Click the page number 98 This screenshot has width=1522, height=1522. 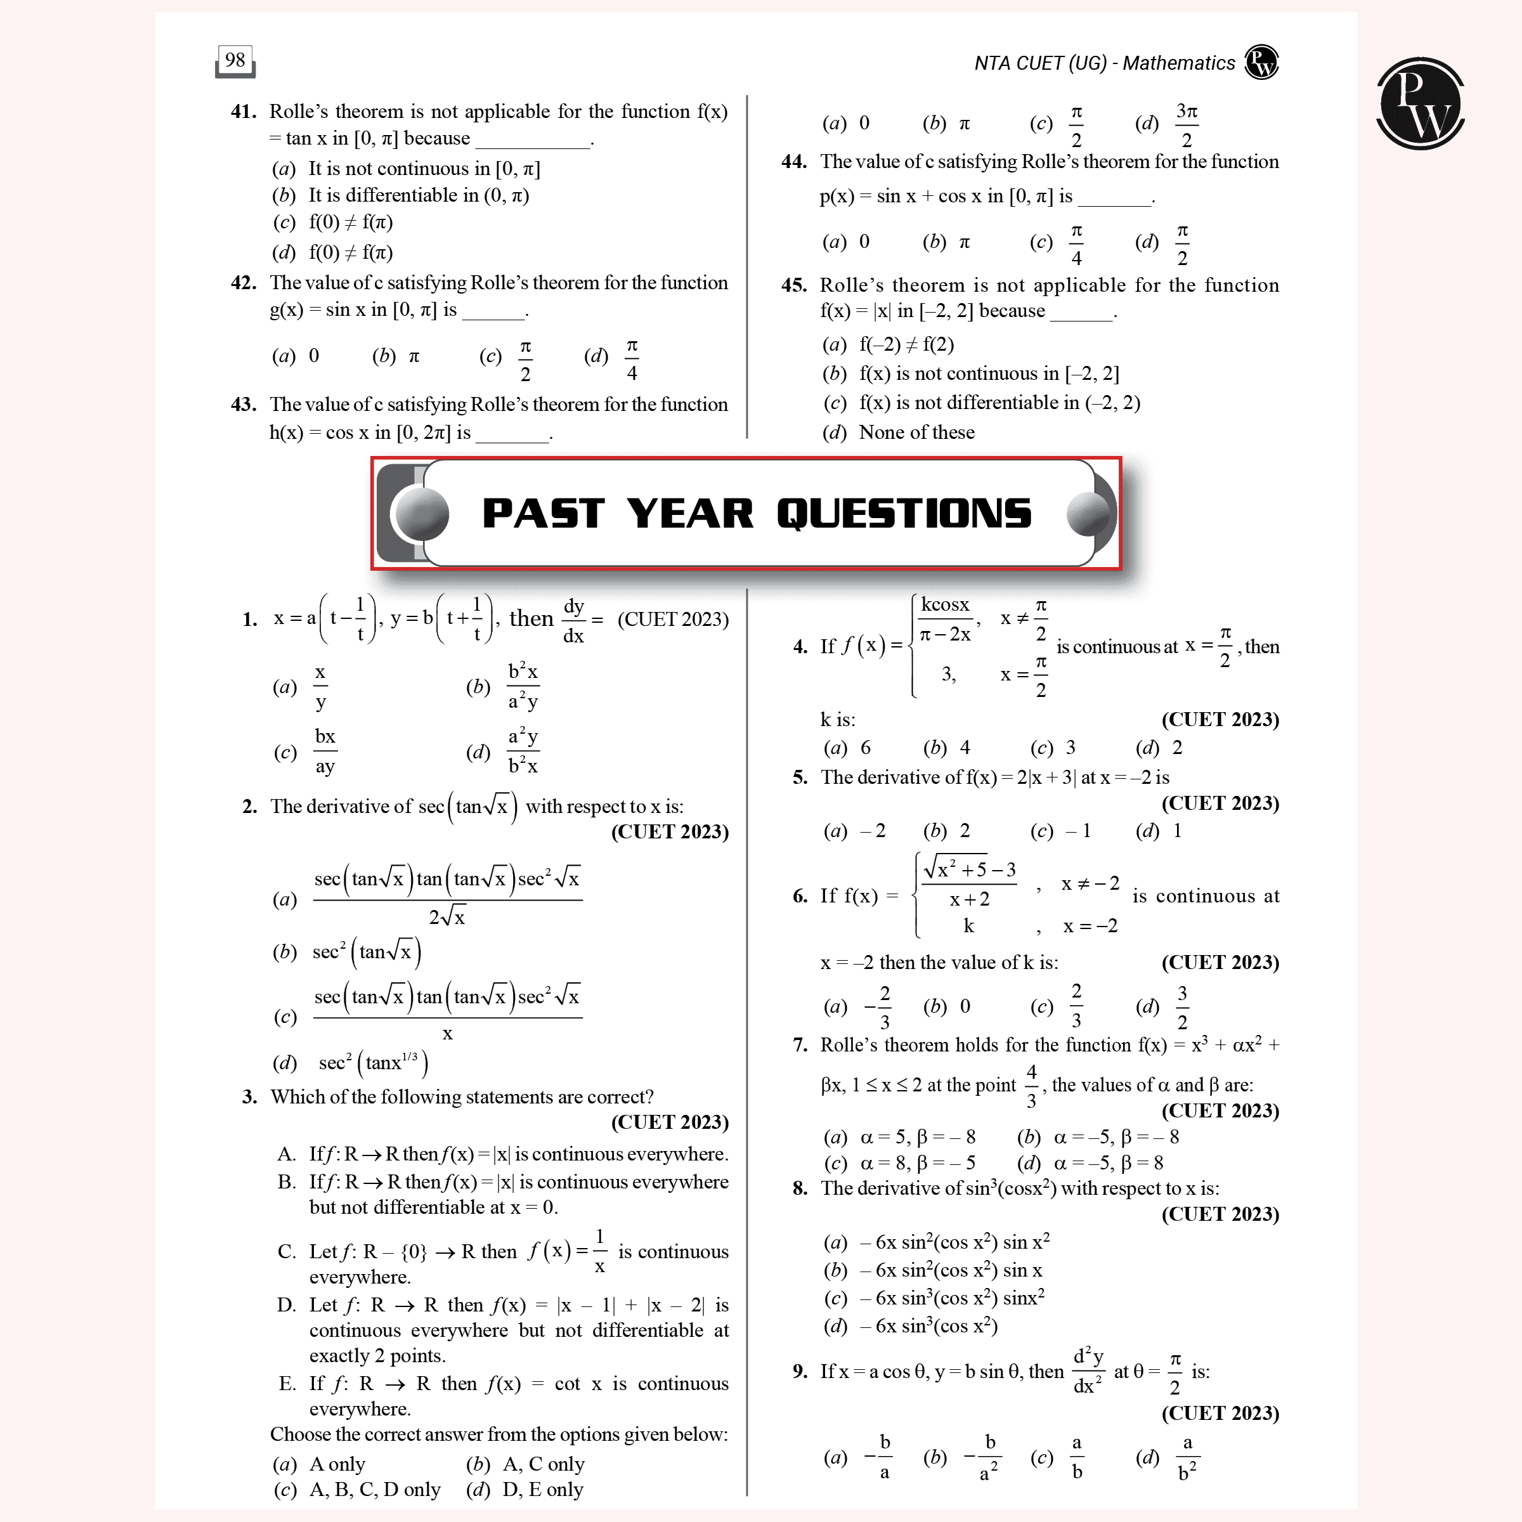(x=235, y=60)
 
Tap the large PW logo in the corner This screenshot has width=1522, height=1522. (x=1421, y=103)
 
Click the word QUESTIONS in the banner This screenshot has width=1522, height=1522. (x=904, y=514)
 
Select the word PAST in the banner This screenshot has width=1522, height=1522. (x=543, y=514)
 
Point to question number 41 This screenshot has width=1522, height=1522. (x=244, y=112)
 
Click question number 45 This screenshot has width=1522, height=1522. (x=794, y=285)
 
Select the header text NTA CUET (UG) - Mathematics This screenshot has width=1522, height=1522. (x=1105, y=63)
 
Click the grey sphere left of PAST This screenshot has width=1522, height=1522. (x=422, y=514)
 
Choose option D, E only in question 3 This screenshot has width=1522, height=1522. (x=524, y=1489)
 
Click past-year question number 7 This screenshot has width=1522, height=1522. (x=800, y=1044)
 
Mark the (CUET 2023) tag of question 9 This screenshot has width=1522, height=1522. (x=1220, y=1414)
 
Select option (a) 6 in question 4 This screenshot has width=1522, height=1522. (x=848, y=748)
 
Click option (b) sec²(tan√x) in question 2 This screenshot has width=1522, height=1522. (x=348, y=952)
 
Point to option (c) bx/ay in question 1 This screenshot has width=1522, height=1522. (x=306, y=751)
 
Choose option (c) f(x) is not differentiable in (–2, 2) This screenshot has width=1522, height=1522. (x=982, y=403)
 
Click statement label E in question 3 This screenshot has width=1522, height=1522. (x=287, y=1384)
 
